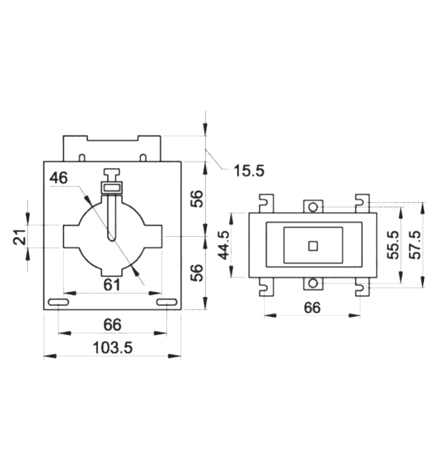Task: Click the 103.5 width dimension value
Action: pyautogui.click(x=112, y=348)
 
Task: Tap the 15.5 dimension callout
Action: pyautogui.click(x=249, y=171)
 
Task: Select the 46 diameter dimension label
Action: pyautogui.click(x=59, y=177)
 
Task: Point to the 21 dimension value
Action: pyautogui.click(x=20, y=237)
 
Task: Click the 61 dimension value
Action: pyautogui.click(x=112, y=285)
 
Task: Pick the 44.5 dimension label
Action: pyautogui.click(x=224, y=245)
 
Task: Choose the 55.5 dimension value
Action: pyautogui.click(x=393, y=244)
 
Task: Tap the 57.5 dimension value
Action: pyautogui.click(x=415, y=244)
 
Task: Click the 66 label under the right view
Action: pyautogui.click(x=312, y=308)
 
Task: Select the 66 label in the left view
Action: pyautogui.click(x=112, y=325)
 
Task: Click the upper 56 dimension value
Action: pyautogui.click(x=197, y=199)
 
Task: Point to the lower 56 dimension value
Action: pyautogui.click(x=197, y=273)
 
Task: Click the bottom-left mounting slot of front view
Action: pyautogui.click(x=59, y=302)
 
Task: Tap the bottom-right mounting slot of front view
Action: pyautogui.click(x=167, y=302)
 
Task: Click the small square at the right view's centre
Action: pyautogui.click(x=313, y=246)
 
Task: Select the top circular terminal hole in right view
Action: pyautogui.click(x=313, y=207)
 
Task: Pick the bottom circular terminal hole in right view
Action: pyautogui.click(x=313, y=283)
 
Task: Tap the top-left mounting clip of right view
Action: pyautogui.click(x=266, y=203)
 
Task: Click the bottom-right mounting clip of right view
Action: pyautogui.click(x=362, y=287)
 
